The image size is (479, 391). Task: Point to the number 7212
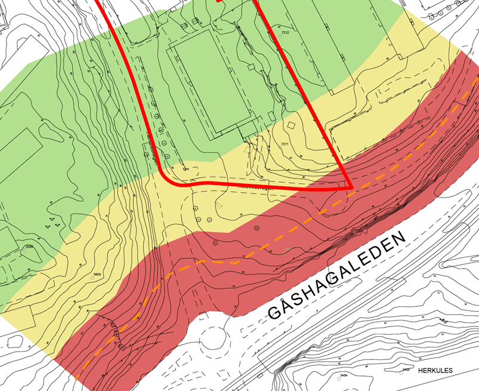[x=285, y=33]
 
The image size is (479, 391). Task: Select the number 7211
[x=285, y=144]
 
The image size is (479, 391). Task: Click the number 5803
[x=98, y=275]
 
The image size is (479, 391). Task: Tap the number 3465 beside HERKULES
[x=407, y=370]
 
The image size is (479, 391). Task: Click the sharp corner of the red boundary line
[x=351, y=187]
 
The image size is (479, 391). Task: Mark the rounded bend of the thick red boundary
[x=170, y=179]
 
